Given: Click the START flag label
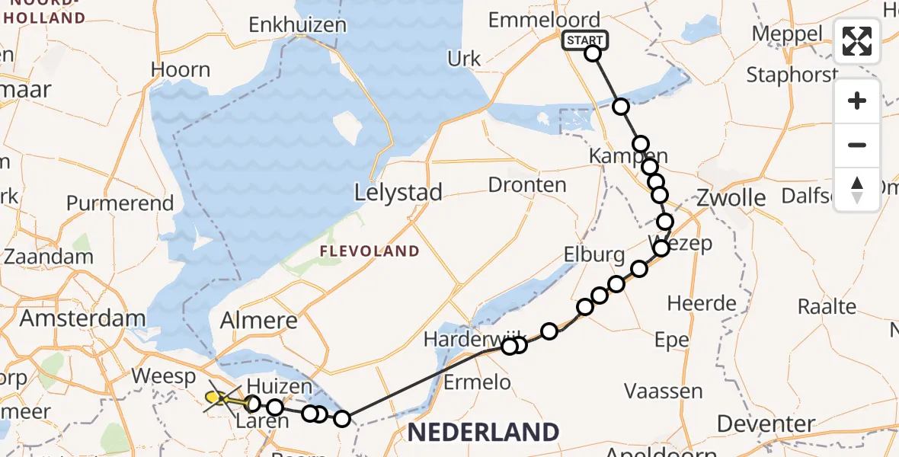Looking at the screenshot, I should point(584,40).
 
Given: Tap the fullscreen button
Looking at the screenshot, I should point(857,41).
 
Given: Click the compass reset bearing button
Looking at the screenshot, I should point(857,189).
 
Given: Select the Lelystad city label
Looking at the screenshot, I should point(398,193).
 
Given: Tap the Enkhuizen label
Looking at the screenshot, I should point(297,24).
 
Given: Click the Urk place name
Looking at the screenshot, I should point(464,59).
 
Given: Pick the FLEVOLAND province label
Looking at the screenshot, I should point(370,251).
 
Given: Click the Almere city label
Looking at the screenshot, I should point(258,321).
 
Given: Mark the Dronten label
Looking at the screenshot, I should point(527,184).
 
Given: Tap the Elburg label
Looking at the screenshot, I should point(594,254).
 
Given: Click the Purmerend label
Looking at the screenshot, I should point(120,203).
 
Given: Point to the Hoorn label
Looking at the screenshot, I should point(181,70).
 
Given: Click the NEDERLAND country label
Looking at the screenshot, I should point(483,432).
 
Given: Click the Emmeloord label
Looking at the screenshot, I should point(544,20).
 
